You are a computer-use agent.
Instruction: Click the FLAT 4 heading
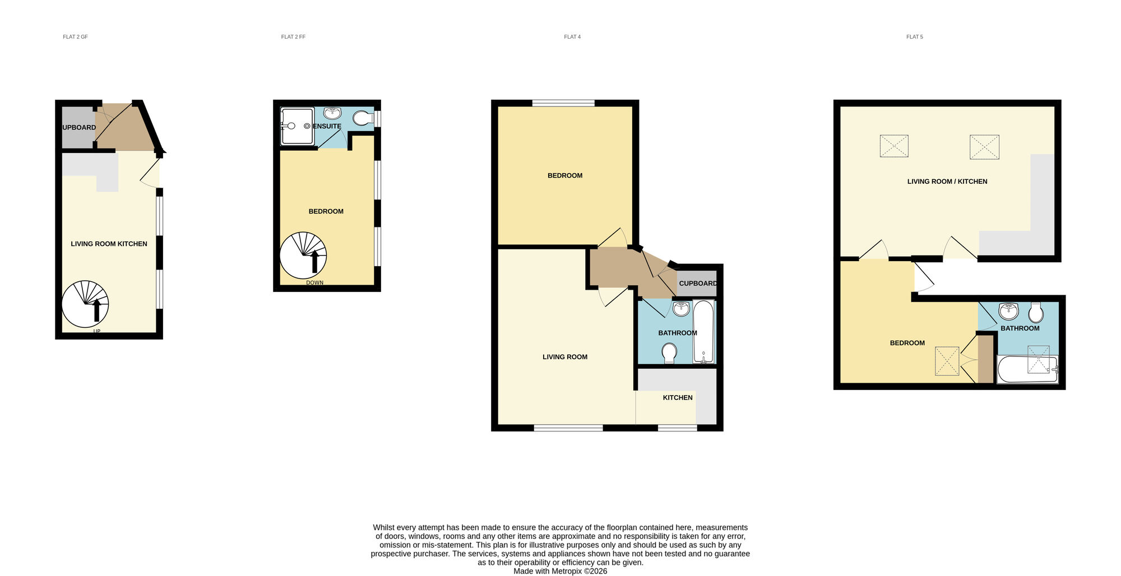tap(572, 37)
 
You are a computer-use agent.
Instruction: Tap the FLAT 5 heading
tap(914, 37)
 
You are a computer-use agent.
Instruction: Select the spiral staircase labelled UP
tap(85, 304)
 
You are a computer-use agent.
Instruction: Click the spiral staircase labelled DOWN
tap(303, 256)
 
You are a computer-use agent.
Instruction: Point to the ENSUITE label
tap(327, 127)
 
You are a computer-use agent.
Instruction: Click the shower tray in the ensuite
tap(297, 126)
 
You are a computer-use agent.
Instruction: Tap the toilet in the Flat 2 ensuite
tap(363, 118)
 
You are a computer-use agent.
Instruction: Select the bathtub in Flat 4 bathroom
tap(703, 332)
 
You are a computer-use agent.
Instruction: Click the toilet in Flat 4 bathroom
tap(669, 353)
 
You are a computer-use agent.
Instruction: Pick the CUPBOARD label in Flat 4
tap(698, 284)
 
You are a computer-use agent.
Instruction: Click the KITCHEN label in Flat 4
tap(678, 398)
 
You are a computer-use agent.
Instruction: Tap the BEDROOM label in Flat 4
tap(565, 176)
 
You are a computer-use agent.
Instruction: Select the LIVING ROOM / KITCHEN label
tap(947, 182)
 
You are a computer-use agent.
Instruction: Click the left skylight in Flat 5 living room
tap(894, 146)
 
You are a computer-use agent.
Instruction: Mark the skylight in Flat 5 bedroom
tap(947, 361)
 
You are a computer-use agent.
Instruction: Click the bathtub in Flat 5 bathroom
tap(1027, 370)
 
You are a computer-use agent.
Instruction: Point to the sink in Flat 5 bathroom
tap(1008, 310)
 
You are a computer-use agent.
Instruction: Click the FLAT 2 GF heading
tap(75, 37)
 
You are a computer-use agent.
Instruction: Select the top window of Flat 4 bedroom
tap(563, 103)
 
